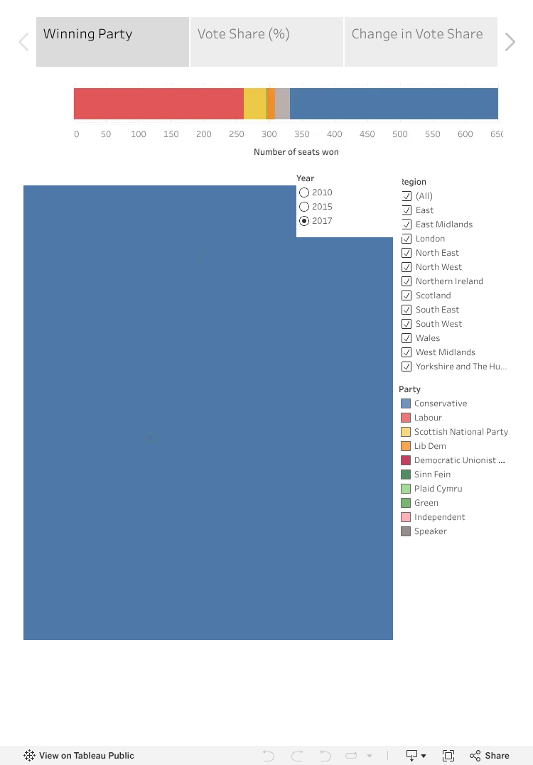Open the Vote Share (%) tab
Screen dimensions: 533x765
266,41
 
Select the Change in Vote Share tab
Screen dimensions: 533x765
421,41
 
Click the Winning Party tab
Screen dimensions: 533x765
112,41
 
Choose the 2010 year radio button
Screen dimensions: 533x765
304,192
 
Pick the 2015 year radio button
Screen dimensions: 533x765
304,207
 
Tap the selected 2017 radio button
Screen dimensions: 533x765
304,221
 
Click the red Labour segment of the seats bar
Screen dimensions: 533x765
158,104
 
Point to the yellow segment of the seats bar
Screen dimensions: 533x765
255,104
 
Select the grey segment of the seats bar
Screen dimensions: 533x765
283,104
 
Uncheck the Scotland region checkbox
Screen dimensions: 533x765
406,295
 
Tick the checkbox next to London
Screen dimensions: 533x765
406,239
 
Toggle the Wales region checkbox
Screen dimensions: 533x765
406,338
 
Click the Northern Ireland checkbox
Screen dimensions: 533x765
406,281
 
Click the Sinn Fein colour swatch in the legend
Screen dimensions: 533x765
406,474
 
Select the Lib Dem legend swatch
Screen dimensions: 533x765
406,446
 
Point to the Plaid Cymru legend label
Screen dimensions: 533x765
438,489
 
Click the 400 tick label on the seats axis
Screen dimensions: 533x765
334,134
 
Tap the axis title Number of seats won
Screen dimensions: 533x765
296,152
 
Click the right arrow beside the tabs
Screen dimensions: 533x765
510,42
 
